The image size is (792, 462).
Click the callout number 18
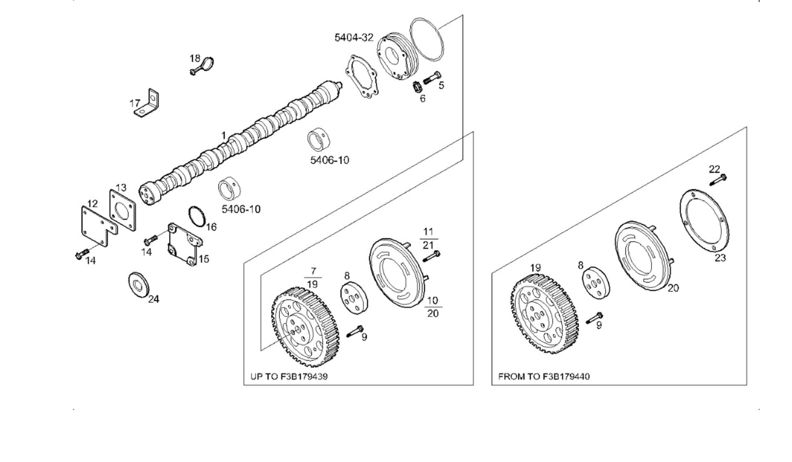click(x=195, y=59)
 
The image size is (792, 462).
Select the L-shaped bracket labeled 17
click(x=150, y=104)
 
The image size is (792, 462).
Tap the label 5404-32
click(x=354, y=38)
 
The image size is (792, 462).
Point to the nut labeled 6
click(x=417, y=87)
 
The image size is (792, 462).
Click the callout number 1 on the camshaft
click(x=224, y=136)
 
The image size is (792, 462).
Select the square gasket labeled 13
click(x=123, y=210)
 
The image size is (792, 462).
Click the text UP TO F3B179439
click(x=289, y=377)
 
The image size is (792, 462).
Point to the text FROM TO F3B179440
click(x=544, y=377)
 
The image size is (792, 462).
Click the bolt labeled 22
click(x=718, y=180)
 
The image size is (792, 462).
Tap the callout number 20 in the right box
click(x=673, y=288)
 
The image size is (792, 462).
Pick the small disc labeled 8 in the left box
click(x=354, y=298)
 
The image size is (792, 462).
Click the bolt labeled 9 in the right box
click(x=594, y=318)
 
